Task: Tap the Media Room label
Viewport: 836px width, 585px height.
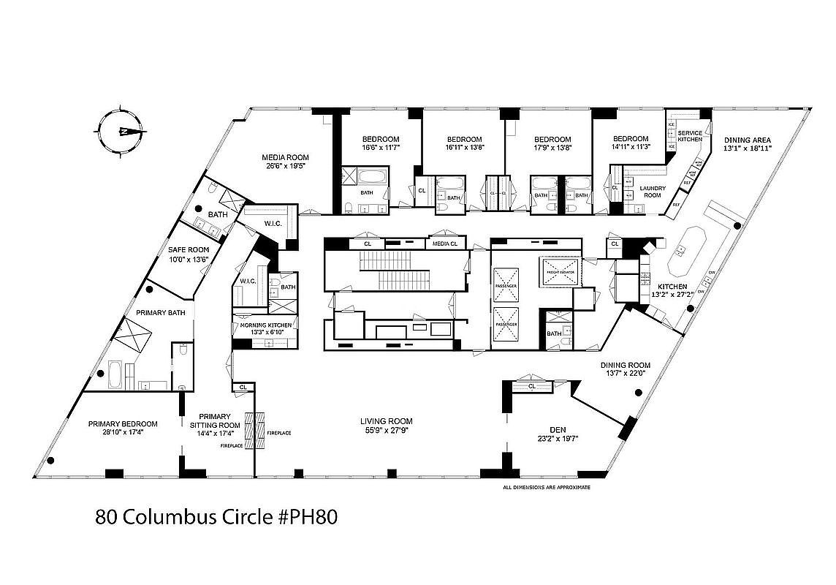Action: [286, 157]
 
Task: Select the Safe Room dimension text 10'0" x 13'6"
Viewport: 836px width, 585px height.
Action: [189, 258]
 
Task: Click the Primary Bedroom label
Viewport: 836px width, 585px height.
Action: [123, 423]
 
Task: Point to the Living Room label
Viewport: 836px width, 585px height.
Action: [386, 421]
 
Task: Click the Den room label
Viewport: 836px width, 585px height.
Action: [558, 430]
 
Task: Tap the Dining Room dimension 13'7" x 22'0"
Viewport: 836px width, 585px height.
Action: [625, 374]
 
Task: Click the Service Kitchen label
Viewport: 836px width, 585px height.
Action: [690, 136]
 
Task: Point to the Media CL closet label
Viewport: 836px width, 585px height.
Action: [444, 244]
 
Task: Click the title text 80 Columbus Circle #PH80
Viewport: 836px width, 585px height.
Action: [216, 517]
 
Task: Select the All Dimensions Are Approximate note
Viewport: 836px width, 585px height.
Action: [546, 487]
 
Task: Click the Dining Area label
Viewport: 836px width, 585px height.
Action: [747, 140]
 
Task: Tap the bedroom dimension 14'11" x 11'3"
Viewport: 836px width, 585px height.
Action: [630, 148]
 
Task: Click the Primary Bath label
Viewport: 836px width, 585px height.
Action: [161, 313]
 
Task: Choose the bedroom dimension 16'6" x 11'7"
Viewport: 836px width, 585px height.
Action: [381, 148]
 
